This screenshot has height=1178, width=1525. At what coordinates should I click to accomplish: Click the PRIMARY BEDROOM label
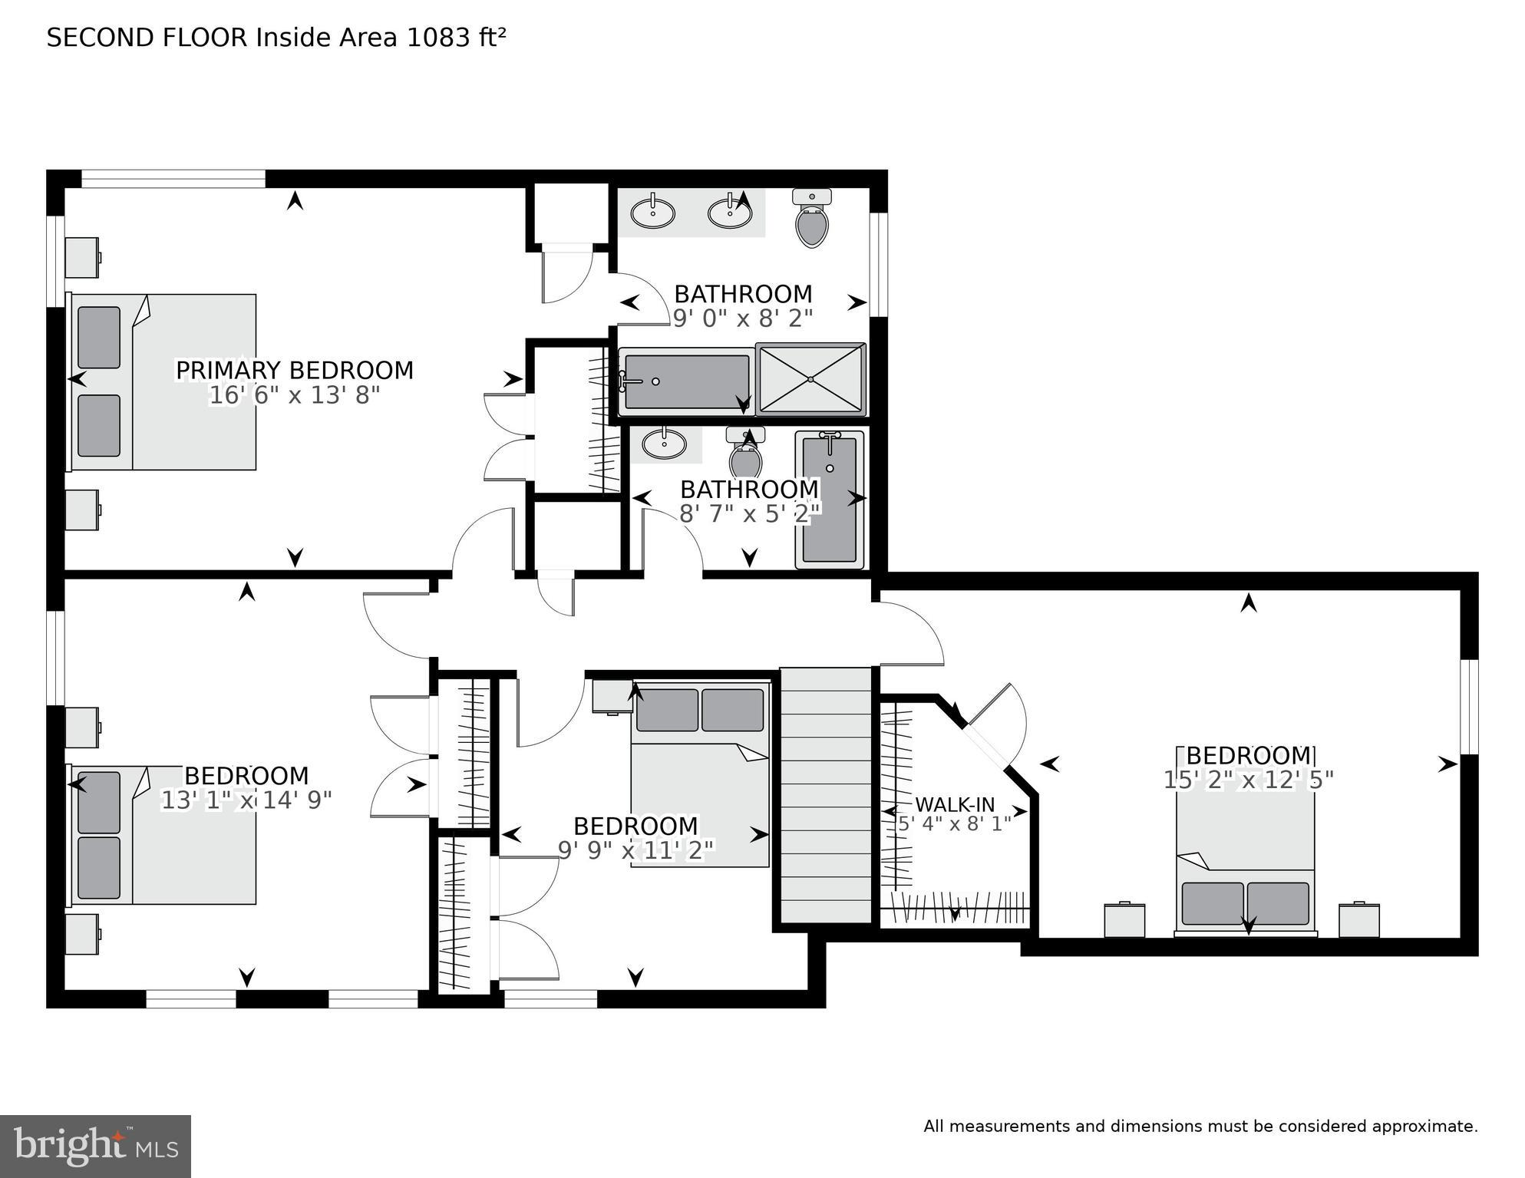[x=295, y=371]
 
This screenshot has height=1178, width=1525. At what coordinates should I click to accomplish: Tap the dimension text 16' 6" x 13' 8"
[x=295, y=396]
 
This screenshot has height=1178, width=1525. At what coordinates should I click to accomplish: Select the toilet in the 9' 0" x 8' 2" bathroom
[x=812, y=220]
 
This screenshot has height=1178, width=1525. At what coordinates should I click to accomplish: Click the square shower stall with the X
[x=811, y=379]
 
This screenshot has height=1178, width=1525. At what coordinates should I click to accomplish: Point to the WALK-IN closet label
[x=955, y=805]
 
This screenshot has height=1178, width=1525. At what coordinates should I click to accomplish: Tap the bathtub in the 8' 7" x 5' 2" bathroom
[x=830, y=499]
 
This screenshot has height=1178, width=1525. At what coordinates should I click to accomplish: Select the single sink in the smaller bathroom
[x=664, y=444]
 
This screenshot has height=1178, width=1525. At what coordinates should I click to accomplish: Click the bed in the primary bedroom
[x=163, y=381]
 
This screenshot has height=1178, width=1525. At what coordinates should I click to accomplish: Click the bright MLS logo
[x=95, y=1147]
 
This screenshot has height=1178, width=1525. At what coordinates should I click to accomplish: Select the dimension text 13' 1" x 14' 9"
[x=246, y=800]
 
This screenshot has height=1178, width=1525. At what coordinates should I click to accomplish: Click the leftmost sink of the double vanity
[x=652, y=213]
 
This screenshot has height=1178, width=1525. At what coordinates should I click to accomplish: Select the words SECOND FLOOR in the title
[x=147, y=38]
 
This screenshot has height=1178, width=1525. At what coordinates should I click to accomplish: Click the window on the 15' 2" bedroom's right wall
[x=1469, y=706]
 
